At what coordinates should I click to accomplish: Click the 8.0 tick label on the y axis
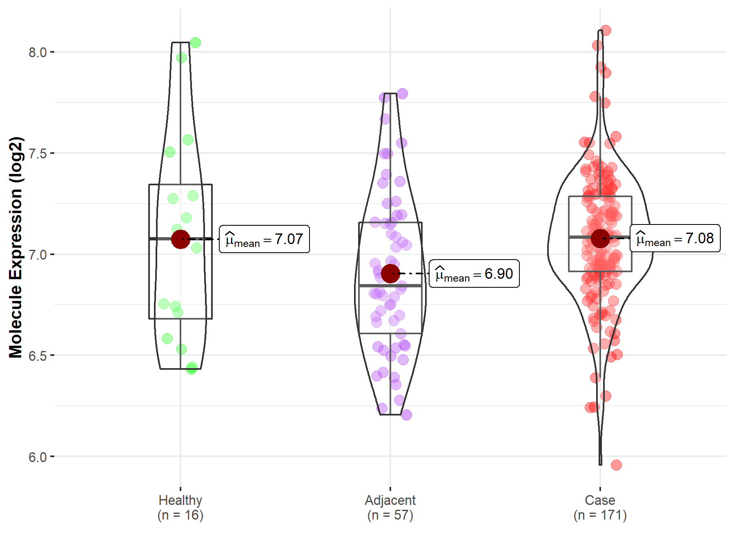coord(37,52)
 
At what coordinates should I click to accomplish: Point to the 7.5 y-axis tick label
coord(37,153)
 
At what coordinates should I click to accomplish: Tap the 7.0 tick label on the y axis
coord(37,254)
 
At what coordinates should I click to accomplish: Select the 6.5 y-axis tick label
coord(37,355)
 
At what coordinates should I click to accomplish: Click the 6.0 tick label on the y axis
coord(37,457)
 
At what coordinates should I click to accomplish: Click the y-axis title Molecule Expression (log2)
coord(16,247)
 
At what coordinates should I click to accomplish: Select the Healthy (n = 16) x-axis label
coord(180,507)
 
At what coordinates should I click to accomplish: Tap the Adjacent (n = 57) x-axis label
coord(390,507)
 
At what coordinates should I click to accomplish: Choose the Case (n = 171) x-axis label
coord(600,507)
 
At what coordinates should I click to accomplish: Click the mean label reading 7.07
coord(264,239)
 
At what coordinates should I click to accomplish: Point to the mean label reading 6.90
coord(474,273)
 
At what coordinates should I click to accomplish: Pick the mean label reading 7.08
coord(675,238)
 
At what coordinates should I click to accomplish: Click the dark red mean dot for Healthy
coord(180,239)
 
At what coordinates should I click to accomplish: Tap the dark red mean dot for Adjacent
coord(390,273)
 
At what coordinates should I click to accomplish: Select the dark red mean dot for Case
coord(600,238)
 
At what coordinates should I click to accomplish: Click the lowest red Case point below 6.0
coord(616,465)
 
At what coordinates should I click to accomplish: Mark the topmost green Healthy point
coord(195,42)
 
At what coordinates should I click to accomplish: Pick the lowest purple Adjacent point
coord(406,415)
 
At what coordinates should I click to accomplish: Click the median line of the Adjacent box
coord(390,286)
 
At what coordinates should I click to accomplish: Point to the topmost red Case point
coord(606,31)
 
